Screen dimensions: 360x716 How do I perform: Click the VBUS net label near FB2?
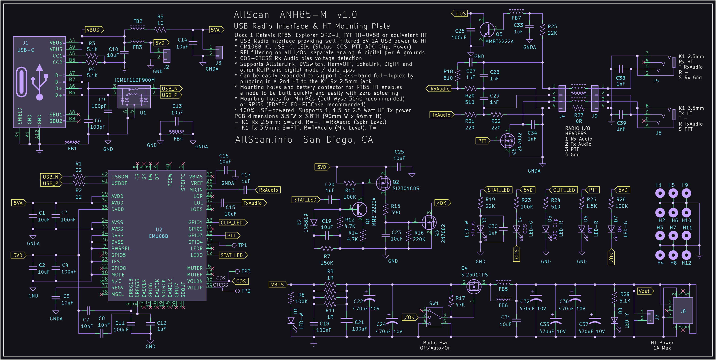94,30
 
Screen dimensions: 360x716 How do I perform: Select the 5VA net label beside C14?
216,30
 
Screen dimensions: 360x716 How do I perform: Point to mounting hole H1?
660,193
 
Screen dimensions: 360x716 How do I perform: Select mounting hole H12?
686,255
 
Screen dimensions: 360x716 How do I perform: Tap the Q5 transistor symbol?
487,30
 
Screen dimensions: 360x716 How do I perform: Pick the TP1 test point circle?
234,245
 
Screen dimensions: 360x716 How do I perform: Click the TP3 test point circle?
237,271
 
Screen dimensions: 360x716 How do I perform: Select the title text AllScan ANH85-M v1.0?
295,15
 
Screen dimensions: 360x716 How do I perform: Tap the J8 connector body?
682,311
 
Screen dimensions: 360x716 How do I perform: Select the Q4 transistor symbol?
474,286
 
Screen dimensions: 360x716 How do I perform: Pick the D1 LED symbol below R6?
291,321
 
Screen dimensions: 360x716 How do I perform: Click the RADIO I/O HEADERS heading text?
577,131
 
